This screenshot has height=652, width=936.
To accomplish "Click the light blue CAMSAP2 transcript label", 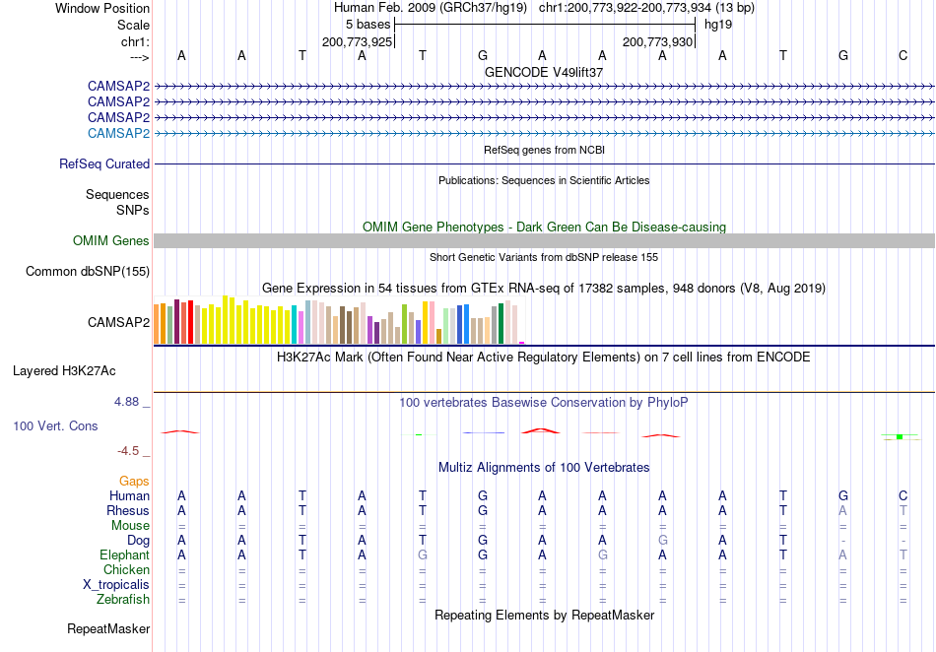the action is point(118,133).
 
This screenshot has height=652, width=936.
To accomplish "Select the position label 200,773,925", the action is point(357,41).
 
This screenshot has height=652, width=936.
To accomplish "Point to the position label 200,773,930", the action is point(657,41).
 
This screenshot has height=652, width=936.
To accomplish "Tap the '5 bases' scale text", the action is point(368,25).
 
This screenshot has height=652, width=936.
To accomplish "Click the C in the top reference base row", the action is point(903,55).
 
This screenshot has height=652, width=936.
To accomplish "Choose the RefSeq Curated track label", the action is point(104,163).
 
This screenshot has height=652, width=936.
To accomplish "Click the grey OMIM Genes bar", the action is point(544,240).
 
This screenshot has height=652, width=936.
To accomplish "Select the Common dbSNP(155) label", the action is point(88,272).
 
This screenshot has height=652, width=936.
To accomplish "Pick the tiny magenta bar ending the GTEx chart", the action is point(522,343).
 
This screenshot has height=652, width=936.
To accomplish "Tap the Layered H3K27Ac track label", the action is point(64,371).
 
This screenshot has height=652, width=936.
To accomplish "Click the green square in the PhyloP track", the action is point(900,437).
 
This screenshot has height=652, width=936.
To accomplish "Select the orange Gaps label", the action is point(134,481).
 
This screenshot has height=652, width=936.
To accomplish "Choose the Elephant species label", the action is point(125,554).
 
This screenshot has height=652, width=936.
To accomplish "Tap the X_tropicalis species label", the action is point(116,585).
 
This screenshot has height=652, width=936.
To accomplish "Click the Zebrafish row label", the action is point(123,599).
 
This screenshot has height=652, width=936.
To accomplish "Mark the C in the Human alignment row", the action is point(903,495).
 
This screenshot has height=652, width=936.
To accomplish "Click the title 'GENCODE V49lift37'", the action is point(544,72).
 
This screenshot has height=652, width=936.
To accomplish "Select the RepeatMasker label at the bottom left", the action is point(108,628).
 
